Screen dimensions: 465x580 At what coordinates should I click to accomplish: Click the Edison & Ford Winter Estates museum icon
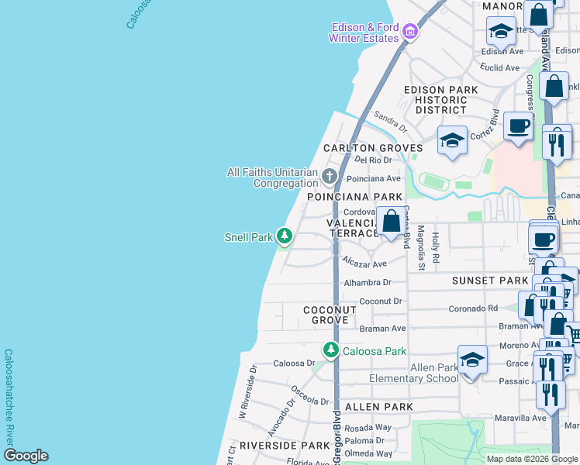coord(410,32)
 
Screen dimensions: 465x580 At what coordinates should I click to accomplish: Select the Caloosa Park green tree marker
coord(331,350)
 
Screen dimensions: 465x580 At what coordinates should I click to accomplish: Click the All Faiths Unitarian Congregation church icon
coord(329,177)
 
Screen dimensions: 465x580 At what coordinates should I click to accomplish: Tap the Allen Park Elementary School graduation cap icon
coord(472,359)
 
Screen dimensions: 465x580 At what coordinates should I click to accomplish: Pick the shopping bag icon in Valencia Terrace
coord(392,220)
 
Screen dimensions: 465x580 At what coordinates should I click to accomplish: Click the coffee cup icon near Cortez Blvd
coord(518,126)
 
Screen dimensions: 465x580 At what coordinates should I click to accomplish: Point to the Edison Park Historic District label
coord(440,100)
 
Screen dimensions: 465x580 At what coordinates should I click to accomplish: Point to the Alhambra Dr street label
coord(368,283)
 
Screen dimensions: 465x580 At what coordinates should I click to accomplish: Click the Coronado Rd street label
coord(472,308)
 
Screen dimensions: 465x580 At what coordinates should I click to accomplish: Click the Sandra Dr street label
coord(390,121)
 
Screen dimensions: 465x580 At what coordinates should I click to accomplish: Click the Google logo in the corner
coord(26,456)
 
